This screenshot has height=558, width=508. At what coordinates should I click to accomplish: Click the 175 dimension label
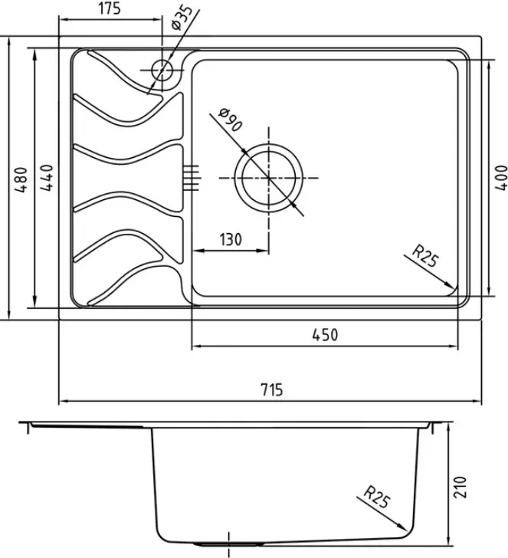[x=110, y=8]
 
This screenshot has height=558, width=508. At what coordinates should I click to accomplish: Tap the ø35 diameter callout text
[x=182, y=18]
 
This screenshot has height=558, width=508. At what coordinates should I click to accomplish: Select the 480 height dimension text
[x=21, y=179]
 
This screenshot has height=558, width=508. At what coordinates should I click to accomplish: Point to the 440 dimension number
[x=47, y=178]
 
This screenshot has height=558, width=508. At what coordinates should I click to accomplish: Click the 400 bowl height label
[x=501, y=178]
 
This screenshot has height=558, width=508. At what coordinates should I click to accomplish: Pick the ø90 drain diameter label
[x=231, y=120]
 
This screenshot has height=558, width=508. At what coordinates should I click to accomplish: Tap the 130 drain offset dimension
[x=231, y=239]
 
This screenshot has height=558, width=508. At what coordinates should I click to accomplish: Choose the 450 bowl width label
[x=325, y=335]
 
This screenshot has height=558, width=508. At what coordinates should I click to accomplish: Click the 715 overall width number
[x=272, y=389]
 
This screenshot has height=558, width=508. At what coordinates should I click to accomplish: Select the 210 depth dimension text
[x=460, y=487]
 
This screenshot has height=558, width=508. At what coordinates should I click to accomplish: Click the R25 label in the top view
[x=424, y=256]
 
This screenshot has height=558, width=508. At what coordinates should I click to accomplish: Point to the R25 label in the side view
[x=377, y=497]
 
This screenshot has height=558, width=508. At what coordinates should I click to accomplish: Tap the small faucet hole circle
[x=162, y=70]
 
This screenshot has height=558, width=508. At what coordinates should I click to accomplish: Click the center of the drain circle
[x=269, y=178]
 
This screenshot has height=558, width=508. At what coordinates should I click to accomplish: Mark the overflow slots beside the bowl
[x=192, y=178]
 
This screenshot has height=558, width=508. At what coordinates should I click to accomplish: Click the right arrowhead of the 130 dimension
[x=263, y=251]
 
